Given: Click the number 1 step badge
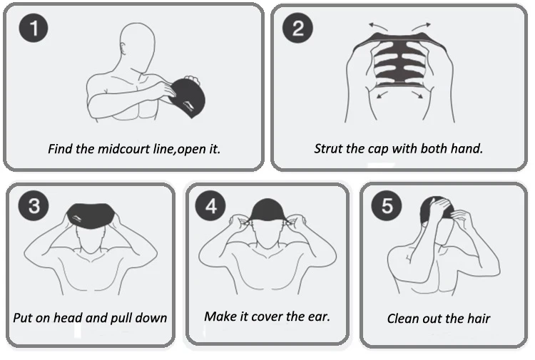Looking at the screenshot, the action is pyautogui.click(x=34, y=28).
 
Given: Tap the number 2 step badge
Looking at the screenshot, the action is pyautogui.click(x=297, y=28).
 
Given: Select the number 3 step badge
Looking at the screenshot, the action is pyautogui.click(x=34, y=205).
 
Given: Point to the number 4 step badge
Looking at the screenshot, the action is pyautogui.click(x=210, y=205).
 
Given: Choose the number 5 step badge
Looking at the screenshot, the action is pyautogui.click(x=387, y=205).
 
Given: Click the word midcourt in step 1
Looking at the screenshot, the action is pyautogui.click(x=123, y=149).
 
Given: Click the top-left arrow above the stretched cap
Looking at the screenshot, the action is pyautogui.click(x=377, y=26).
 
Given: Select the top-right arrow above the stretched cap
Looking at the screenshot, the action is pyautogui.click(x=421, y=26).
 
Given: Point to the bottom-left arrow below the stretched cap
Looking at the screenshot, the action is pyautogui.click(x=382, y=95).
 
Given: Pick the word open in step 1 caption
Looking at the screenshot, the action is pyautogui.click(x=192, y=150).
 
